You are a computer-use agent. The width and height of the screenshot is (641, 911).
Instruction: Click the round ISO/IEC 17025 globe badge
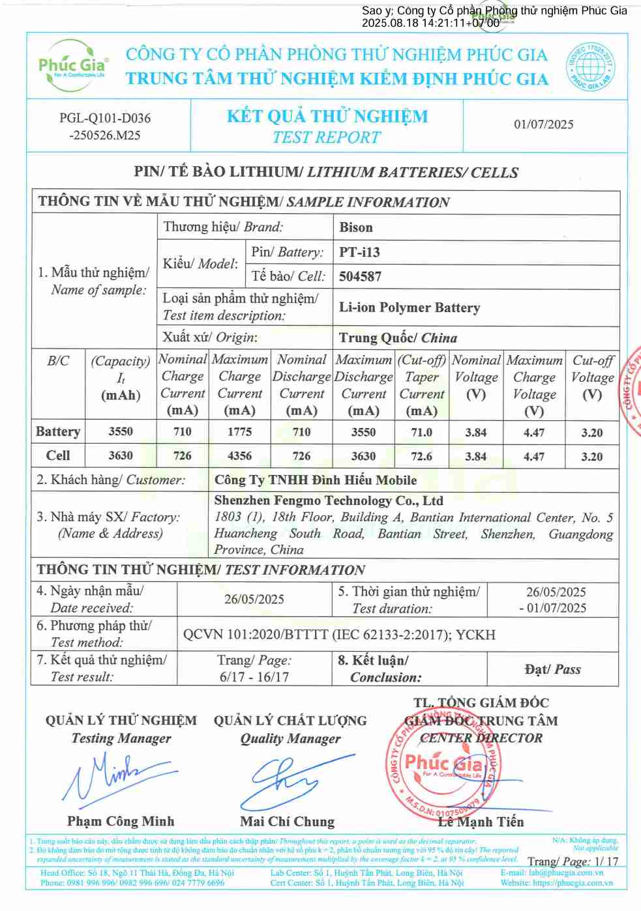(x=590, y=66)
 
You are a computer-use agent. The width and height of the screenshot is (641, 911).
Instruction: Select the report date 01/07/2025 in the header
(x=543, y=124)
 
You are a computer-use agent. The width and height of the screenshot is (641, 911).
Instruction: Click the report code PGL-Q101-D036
(x=105, y=118)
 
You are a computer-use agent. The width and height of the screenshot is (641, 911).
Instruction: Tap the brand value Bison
(x=356, y=227)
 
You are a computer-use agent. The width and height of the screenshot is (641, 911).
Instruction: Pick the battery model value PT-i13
(x=359, y=252)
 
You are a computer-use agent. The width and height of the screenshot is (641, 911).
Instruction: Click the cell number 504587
(x=360, y=276)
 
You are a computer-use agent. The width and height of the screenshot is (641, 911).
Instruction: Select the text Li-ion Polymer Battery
(x=409, y=308)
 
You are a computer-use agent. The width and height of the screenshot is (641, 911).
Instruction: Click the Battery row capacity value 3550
(x=121, y=431)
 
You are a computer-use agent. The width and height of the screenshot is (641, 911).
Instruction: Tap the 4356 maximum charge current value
(x=239, y=456)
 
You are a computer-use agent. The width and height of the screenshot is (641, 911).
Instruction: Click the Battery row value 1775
(x=239, y=431)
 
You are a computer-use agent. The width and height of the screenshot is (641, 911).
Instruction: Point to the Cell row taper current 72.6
(x=421, y=456)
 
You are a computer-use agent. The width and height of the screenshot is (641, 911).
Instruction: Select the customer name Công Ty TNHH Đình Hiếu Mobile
(x=315, y=480)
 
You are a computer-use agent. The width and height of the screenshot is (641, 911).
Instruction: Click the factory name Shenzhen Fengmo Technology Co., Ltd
(x=328, y=500)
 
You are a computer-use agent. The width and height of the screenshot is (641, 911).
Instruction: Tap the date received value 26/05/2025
(x=254, y=599)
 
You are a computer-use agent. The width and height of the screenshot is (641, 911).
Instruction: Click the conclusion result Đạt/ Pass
(x=552, y=669)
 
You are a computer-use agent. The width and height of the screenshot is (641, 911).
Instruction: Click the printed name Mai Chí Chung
(x=287, y=822)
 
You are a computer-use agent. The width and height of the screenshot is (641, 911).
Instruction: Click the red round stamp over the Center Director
(x=443, y=766)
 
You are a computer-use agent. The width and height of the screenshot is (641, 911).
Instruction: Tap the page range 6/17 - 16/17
(x=254, y=677)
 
